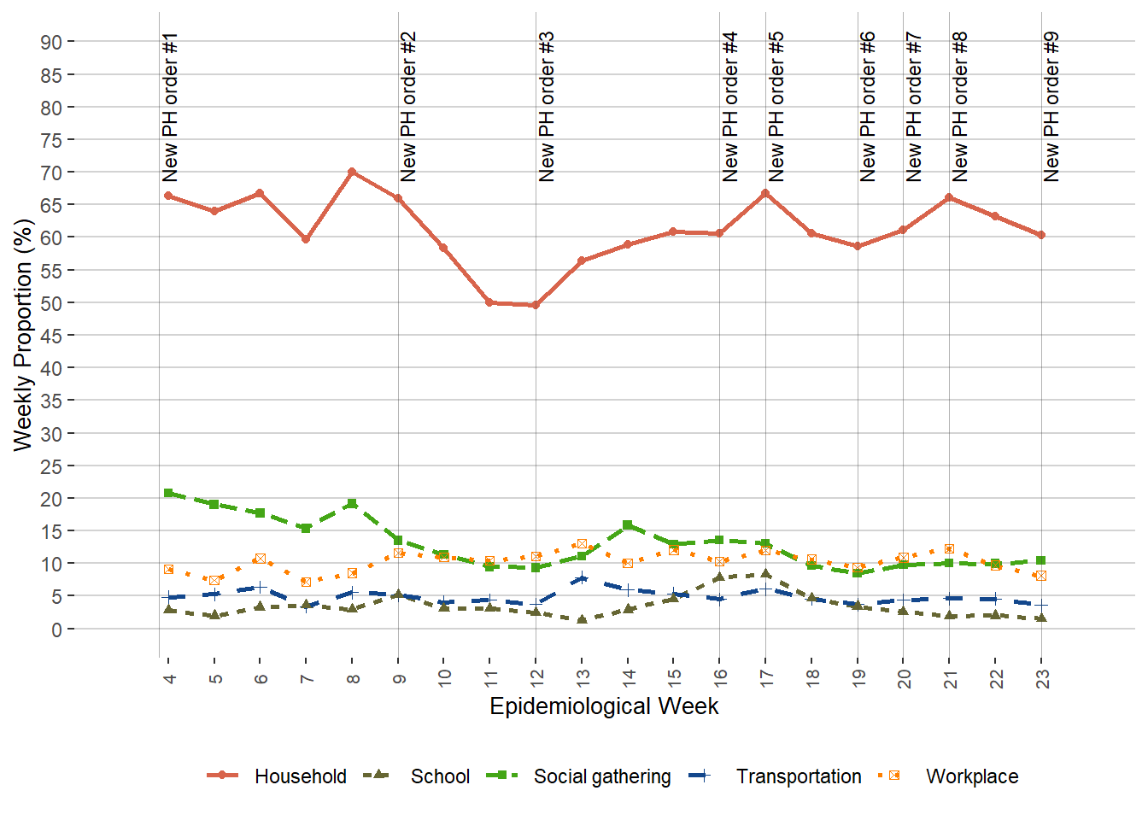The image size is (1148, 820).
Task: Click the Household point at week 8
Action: [352, 172]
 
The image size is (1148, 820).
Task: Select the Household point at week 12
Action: [536, 305]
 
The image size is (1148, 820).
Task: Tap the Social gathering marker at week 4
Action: [168, 493]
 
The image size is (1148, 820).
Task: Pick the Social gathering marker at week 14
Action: [628, 525]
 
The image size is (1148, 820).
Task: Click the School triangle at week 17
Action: [765, 574]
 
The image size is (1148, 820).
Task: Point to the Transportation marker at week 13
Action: [582, 578]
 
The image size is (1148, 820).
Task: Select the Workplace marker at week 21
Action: [949, 549]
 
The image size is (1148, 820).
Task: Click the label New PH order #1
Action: [170, 108]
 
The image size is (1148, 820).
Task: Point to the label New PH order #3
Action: [547, 108]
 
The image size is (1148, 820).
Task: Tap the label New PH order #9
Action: [1051, 108]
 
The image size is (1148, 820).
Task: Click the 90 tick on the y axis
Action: [51, 43]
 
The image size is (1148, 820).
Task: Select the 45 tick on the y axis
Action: [51, 336]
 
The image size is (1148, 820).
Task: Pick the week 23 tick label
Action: [1042, 678]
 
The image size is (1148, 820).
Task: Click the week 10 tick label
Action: [445, 678]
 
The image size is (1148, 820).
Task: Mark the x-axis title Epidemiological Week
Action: [604, 706]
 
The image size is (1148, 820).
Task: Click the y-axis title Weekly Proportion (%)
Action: [23, 335]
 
